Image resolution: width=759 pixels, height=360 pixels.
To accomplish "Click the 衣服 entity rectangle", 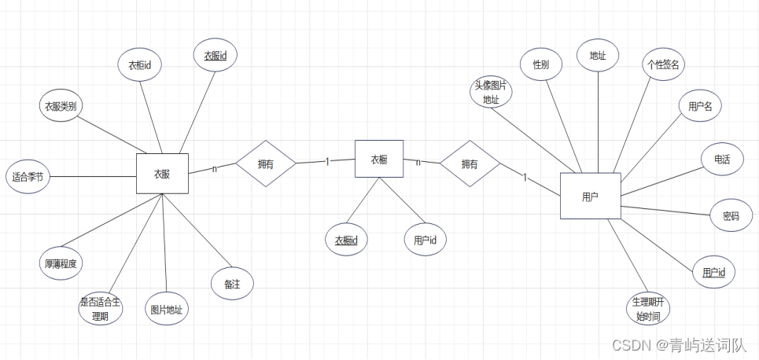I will tap(162, 174).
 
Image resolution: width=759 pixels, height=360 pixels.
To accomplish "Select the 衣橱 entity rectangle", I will tap(378, 160).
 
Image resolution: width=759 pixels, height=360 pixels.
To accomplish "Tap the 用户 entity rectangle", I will tap(590, 196).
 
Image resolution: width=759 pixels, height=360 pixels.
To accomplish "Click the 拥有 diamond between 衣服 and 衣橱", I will tap(266, 163).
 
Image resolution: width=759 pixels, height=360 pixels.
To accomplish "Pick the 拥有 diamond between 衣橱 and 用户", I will tap(470, 164).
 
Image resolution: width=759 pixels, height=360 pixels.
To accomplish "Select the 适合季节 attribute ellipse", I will tap(28, 177).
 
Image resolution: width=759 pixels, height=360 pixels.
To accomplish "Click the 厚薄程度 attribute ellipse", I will tap(61, 263).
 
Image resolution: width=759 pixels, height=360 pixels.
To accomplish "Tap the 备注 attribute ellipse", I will tap(232, 284).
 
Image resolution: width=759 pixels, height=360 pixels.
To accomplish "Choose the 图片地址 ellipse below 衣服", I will tap(167, 310).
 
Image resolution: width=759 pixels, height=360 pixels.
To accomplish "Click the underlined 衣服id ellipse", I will tap(216, 56).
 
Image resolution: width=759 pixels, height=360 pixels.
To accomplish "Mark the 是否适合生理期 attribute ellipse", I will tap(101, 309).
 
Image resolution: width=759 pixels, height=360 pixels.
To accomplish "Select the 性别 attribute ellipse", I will tap(541, 64).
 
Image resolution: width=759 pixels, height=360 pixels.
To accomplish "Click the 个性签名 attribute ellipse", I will tap(663, 64).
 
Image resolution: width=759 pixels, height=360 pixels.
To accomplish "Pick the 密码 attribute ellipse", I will tap(731, 215).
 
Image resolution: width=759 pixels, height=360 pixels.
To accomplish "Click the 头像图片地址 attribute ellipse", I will tap(491, 93).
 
